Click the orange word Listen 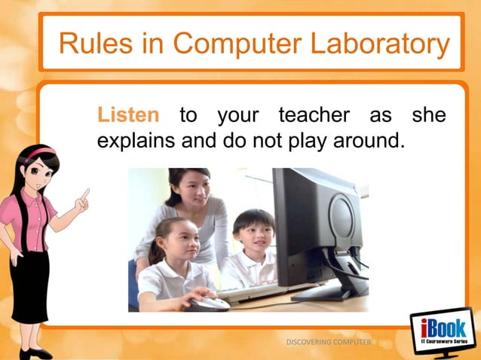pyautogui.click(x=128, y=116)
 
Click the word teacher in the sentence pyautogui.click(x=314, y=116)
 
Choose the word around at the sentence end pyautogui.click(x=359, y=140)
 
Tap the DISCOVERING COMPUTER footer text pyautogui.click(x=328, y=343)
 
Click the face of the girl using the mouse pyautogui.click(x=174, y=244)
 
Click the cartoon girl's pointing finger pyautogui.click(x=85, y=194)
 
